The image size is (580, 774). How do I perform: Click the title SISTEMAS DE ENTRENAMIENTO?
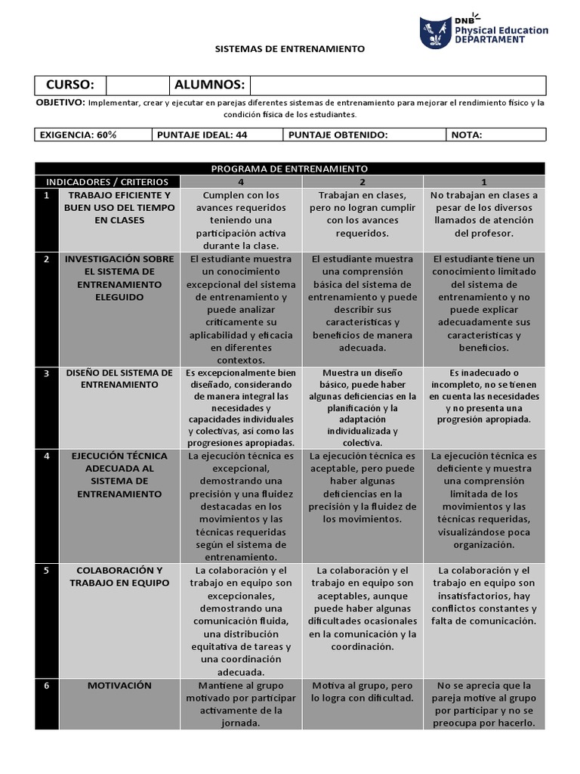click(290, 48)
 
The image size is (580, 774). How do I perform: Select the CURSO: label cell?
click(70, 85)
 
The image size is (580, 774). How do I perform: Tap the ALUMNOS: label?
click(209, 85)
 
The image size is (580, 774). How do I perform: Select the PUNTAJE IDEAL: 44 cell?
click(217, 135)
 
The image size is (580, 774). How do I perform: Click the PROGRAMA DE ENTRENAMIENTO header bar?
click(290, 169)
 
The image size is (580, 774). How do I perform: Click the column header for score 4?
click(241, 181)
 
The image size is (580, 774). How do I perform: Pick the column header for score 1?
click(483, 181)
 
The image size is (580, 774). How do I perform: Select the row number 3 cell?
click(47, 373)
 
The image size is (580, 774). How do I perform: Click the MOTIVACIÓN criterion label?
click(119, 686)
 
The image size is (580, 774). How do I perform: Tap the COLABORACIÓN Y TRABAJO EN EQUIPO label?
click(119, 576)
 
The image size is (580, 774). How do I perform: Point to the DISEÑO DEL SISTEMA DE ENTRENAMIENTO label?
click(119, 379)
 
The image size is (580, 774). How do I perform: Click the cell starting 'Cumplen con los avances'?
click(241, 220)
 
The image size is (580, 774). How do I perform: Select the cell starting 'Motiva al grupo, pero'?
click(362, 692)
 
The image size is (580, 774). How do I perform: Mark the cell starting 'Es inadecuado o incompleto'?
click(483, 396)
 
